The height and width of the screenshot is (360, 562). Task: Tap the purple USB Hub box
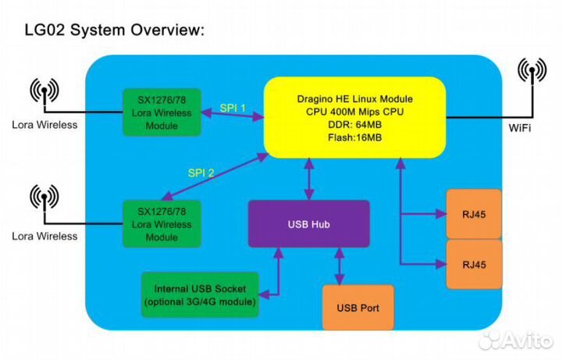pos(308,224)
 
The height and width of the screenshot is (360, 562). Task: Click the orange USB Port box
pos(357,307)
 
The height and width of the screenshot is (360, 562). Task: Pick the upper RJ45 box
pos(472,213)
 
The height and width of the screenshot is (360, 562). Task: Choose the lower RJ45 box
pos(472,264)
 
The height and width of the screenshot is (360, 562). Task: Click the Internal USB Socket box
pos(199,295)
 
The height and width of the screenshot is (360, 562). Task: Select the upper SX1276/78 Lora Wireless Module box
pos(162,112)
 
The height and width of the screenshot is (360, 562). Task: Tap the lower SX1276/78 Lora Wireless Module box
pos(162,224)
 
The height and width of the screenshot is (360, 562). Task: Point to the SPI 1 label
pos(232,108)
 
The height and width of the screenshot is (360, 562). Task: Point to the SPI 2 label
pos(201,173)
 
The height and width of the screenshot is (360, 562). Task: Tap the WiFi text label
pos(521,127)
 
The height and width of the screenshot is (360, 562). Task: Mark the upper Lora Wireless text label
pos(44,124)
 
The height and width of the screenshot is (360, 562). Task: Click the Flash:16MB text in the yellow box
pos(354,138)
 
